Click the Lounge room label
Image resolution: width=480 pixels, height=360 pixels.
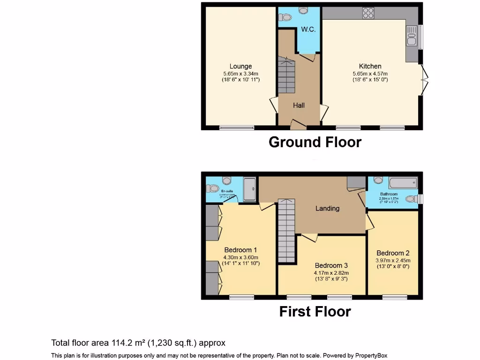click(x=240, y=66)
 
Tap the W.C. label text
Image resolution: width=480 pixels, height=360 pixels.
click(x=308, y=30)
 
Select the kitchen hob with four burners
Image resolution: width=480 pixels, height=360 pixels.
click(x=368, y=13)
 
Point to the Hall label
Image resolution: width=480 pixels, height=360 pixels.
click(x=299, y=105)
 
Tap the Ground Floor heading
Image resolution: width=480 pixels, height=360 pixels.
click(x=315, y=142)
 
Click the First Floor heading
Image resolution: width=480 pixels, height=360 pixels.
click(x=315, y=311)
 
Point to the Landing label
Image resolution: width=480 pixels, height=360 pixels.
click(x=327, y=208)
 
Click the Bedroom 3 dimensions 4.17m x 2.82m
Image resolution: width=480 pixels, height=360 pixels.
click(x=331, y=273)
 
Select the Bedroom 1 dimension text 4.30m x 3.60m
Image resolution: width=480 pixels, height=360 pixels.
click(x=240, y=257)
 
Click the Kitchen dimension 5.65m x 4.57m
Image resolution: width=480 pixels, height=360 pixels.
click(x=370, y=74)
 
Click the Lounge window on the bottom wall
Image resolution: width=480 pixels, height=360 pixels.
click(x=237, y=127)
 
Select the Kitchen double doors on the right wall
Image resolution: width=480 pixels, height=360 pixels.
click(x=424, y=80)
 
